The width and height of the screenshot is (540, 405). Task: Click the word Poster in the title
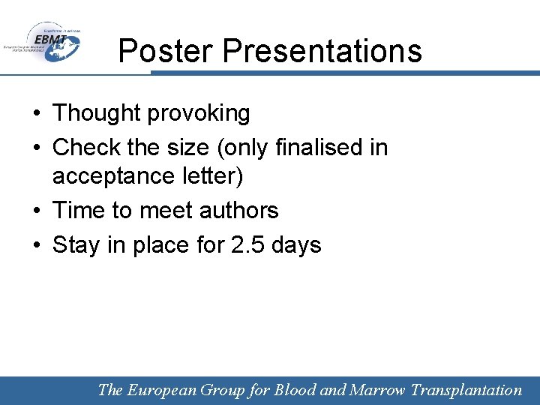coord(166,51)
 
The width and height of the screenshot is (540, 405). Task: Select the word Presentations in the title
coord(322,51)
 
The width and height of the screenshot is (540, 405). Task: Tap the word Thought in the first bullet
coord(97,113)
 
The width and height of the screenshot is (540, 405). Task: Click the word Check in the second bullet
coord(82,147)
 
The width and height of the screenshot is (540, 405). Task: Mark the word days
coord(298,244)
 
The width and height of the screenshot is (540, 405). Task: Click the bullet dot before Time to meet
coord(37,211)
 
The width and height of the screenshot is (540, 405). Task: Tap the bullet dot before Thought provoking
coord(37,114)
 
